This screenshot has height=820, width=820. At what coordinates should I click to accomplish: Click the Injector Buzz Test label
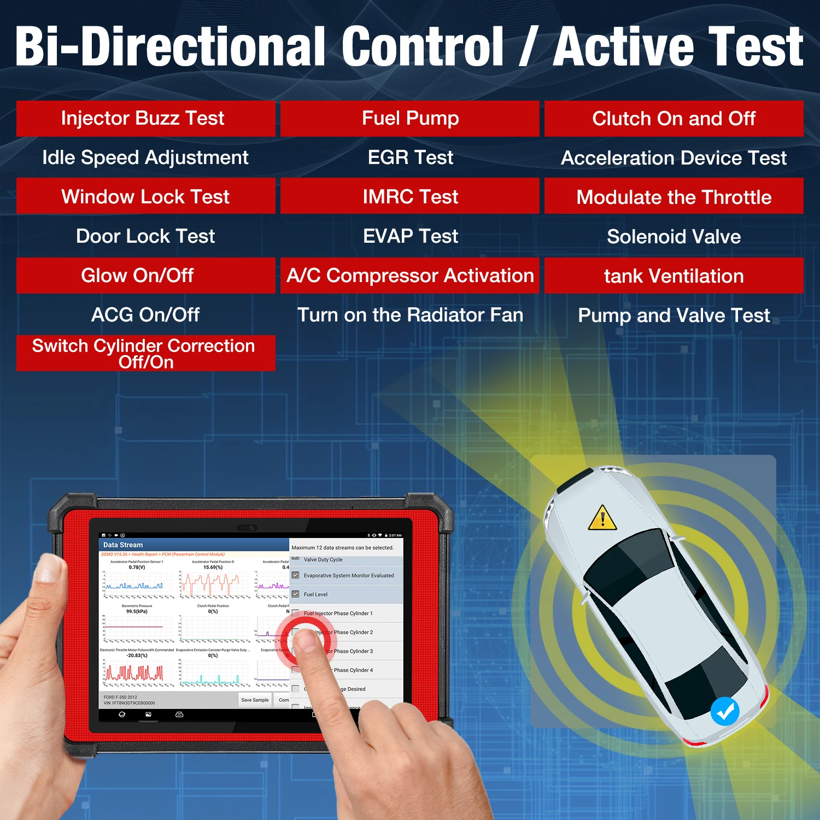pos(143,118)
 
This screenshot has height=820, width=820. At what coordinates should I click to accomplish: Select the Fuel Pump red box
pos(410,118)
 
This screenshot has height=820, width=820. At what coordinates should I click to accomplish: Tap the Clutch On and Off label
pos(673,119)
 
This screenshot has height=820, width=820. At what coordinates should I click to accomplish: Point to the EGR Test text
pos(410,157)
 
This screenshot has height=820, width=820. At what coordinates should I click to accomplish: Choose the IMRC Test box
pos(410,196)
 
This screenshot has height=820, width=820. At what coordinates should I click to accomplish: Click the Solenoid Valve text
pos(673,237)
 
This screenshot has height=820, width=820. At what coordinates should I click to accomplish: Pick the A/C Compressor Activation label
pos(410,276)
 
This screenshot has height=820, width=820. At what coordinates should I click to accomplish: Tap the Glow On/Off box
pos(138,276)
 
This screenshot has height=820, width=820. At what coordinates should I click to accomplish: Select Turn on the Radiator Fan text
pos(410,315)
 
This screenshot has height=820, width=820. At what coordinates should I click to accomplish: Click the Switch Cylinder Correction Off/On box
pos(145,353)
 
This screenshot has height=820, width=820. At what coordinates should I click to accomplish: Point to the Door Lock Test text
pos(145,236)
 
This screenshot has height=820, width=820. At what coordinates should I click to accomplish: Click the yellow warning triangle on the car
pos(602,518)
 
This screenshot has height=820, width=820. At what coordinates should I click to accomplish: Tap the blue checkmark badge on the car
pos(725,711)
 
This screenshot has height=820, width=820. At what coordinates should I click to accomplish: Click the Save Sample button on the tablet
pos(255,700)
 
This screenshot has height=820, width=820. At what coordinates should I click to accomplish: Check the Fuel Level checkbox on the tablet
pos(296,594)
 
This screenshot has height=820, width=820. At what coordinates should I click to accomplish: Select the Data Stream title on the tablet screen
pos(123,545)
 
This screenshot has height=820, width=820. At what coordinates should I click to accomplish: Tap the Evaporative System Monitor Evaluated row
pos(349,576)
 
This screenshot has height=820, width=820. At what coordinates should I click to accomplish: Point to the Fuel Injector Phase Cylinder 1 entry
pos(338,613)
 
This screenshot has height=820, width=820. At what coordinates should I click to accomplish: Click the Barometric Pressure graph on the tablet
pos(137,626)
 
